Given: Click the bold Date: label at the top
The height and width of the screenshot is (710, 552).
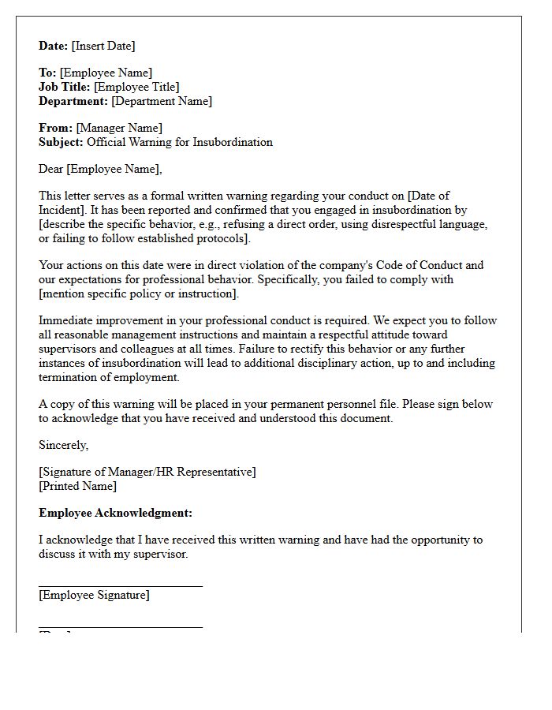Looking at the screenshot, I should coord(54,46).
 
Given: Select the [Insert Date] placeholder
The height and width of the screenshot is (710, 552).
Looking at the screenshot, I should coord(103,46).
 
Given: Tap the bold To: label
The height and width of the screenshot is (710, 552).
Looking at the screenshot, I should coord(47,73).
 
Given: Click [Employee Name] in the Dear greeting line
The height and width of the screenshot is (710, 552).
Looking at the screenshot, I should coord(114,169).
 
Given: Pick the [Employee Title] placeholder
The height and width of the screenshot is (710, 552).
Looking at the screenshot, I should coord(136,87).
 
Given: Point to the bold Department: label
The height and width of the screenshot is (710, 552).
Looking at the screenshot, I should coord(73,101).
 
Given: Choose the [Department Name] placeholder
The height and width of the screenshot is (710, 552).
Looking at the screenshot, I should coord(162,101).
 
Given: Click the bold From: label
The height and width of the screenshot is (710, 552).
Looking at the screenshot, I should coord(55,128).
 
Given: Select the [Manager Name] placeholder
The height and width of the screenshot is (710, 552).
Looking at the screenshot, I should coord(119,128).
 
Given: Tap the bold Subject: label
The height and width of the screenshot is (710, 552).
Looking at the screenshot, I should coord(61,142).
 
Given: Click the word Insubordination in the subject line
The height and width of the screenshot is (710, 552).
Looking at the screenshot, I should coord(233,142).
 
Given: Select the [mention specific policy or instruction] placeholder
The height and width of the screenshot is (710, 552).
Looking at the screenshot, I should coord(138,293).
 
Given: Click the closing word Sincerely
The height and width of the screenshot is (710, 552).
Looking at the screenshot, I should coord(63,445).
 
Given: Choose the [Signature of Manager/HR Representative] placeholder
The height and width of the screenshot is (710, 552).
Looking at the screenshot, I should coord(147,472).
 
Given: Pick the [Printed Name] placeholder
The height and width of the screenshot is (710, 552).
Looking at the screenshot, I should coord(77,486).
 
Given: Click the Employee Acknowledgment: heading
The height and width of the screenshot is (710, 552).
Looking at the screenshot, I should coord(115,513).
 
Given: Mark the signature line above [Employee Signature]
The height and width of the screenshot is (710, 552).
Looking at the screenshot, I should coord(121,586).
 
